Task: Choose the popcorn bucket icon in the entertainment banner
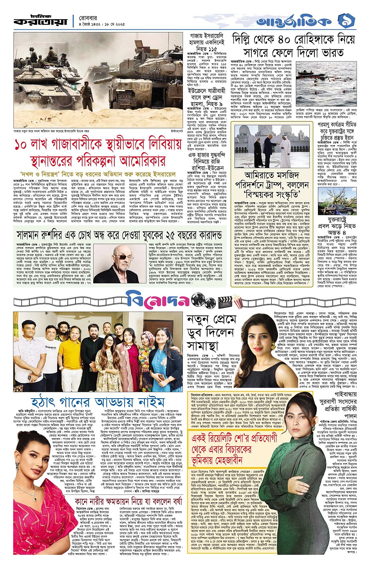coord(247,301)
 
